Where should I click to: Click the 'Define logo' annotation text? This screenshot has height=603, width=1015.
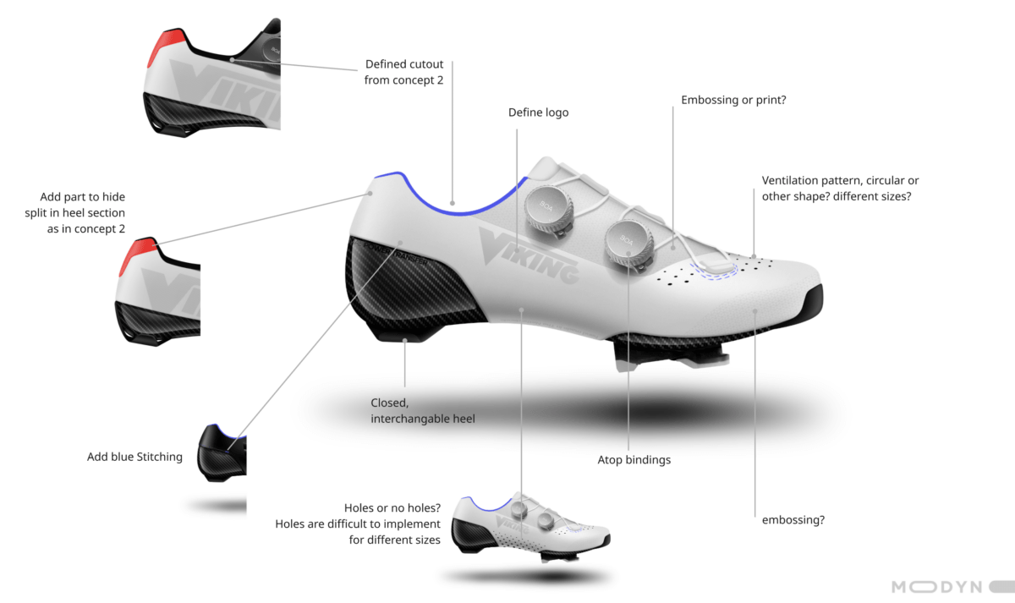point(538,112)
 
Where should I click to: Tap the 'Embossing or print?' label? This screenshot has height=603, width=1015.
point(733,100)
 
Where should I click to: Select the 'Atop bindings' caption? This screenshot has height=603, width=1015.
point(634,460)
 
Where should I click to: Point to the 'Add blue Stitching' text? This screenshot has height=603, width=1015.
point(134,457)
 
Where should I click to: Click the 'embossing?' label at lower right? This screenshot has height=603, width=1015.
point(793,520)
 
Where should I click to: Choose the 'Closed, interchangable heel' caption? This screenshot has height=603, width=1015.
point(423,410)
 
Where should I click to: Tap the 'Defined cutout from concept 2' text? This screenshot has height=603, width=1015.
point(403,72)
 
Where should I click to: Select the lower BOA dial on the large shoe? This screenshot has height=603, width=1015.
point(629,244)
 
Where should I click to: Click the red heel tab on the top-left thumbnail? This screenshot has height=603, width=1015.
point(165,47)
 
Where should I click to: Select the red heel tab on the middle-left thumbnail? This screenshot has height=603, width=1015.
point(136,255)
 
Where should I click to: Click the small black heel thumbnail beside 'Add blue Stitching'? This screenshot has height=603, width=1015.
point(222,453)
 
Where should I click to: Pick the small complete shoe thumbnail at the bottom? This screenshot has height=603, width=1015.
point(531,527)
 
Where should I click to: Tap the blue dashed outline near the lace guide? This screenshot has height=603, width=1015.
point(714,271)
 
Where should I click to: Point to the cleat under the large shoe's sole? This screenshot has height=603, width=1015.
point(671,354)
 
